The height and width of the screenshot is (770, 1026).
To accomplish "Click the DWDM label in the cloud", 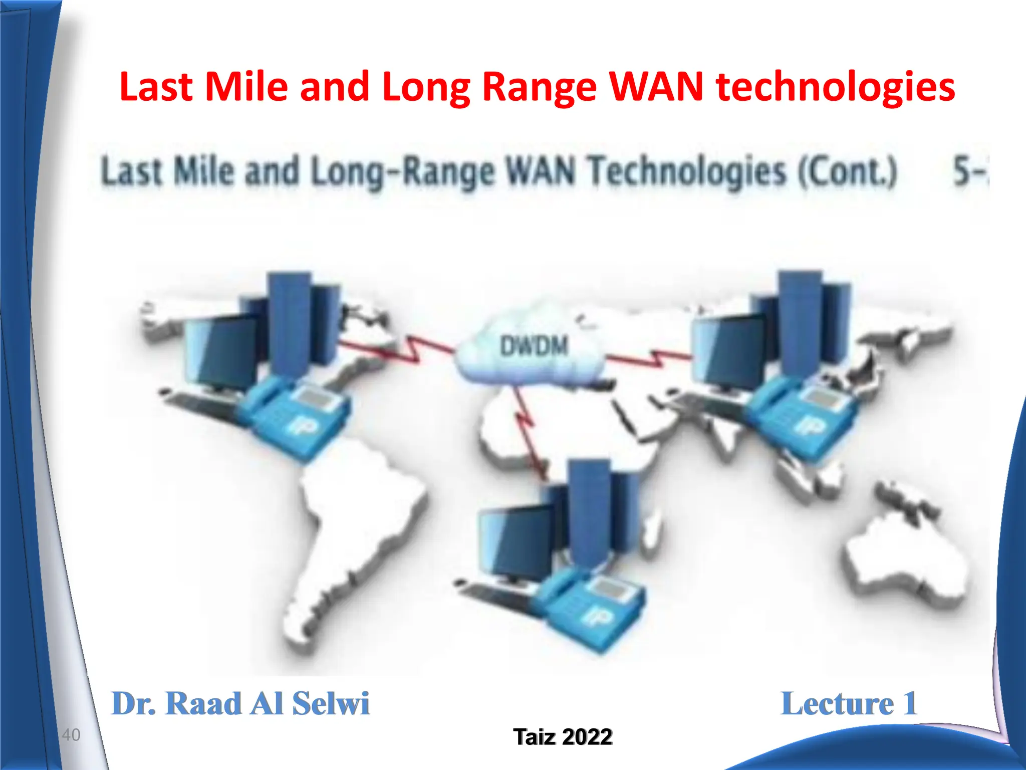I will [534, 346].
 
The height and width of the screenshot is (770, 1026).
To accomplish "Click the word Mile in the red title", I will [246, 87].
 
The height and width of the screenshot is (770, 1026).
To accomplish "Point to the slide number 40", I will [71, 735].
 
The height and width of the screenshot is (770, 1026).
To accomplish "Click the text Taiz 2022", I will [563, 736].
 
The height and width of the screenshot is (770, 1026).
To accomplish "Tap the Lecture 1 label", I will [849, 703].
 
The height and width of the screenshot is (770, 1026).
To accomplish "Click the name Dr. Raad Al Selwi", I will [240, 703].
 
